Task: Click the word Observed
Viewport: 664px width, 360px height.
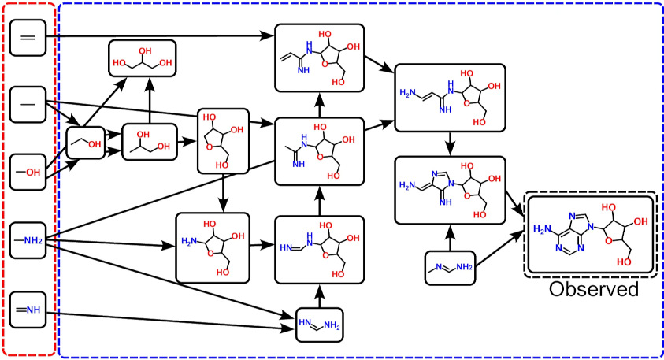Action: click(x=593, y=289)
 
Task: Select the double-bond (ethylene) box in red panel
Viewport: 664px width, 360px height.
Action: click(x=28, y=36)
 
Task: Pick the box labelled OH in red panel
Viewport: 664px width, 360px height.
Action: click(x=28, y=170)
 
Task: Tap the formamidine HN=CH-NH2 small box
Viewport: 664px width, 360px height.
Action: click(x=320, y=323)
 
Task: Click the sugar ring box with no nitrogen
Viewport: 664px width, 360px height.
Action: click(x=223, y=141)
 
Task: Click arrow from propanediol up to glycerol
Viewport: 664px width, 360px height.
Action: click(x=149, y=100)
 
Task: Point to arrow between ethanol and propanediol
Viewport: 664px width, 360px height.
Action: click(x=113, y=139)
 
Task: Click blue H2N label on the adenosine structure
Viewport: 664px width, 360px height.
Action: click(x=544, y=229)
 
